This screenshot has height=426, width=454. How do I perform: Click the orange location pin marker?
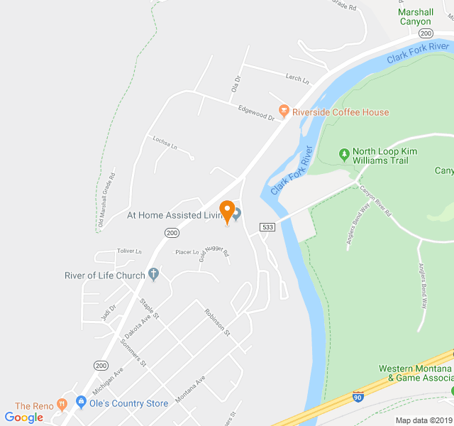[227, 212]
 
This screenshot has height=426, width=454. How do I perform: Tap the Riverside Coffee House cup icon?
[284, 111]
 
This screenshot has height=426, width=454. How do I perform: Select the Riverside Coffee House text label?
[340, 112]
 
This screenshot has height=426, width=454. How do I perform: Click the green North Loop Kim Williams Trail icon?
[344, 153]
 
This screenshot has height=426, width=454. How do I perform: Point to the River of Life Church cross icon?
[154, 275]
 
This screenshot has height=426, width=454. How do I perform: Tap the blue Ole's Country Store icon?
[81, 403]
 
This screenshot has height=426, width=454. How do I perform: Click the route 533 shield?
[267, 227]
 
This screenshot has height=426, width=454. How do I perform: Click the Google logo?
[23, 417]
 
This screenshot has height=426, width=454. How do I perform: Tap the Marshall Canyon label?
[415, 16]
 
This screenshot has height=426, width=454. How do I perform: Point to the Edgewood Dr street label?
[256, 112]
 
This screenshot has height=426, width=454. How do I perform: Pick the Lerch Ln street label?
[297, 79]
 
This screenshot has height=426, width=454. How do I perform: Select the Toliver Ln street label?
[130, 251]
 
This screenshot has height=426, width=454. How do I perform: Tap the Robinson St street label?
[217, 322]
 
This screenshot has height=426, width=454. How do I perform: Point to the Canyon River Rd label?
[376, 200]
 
